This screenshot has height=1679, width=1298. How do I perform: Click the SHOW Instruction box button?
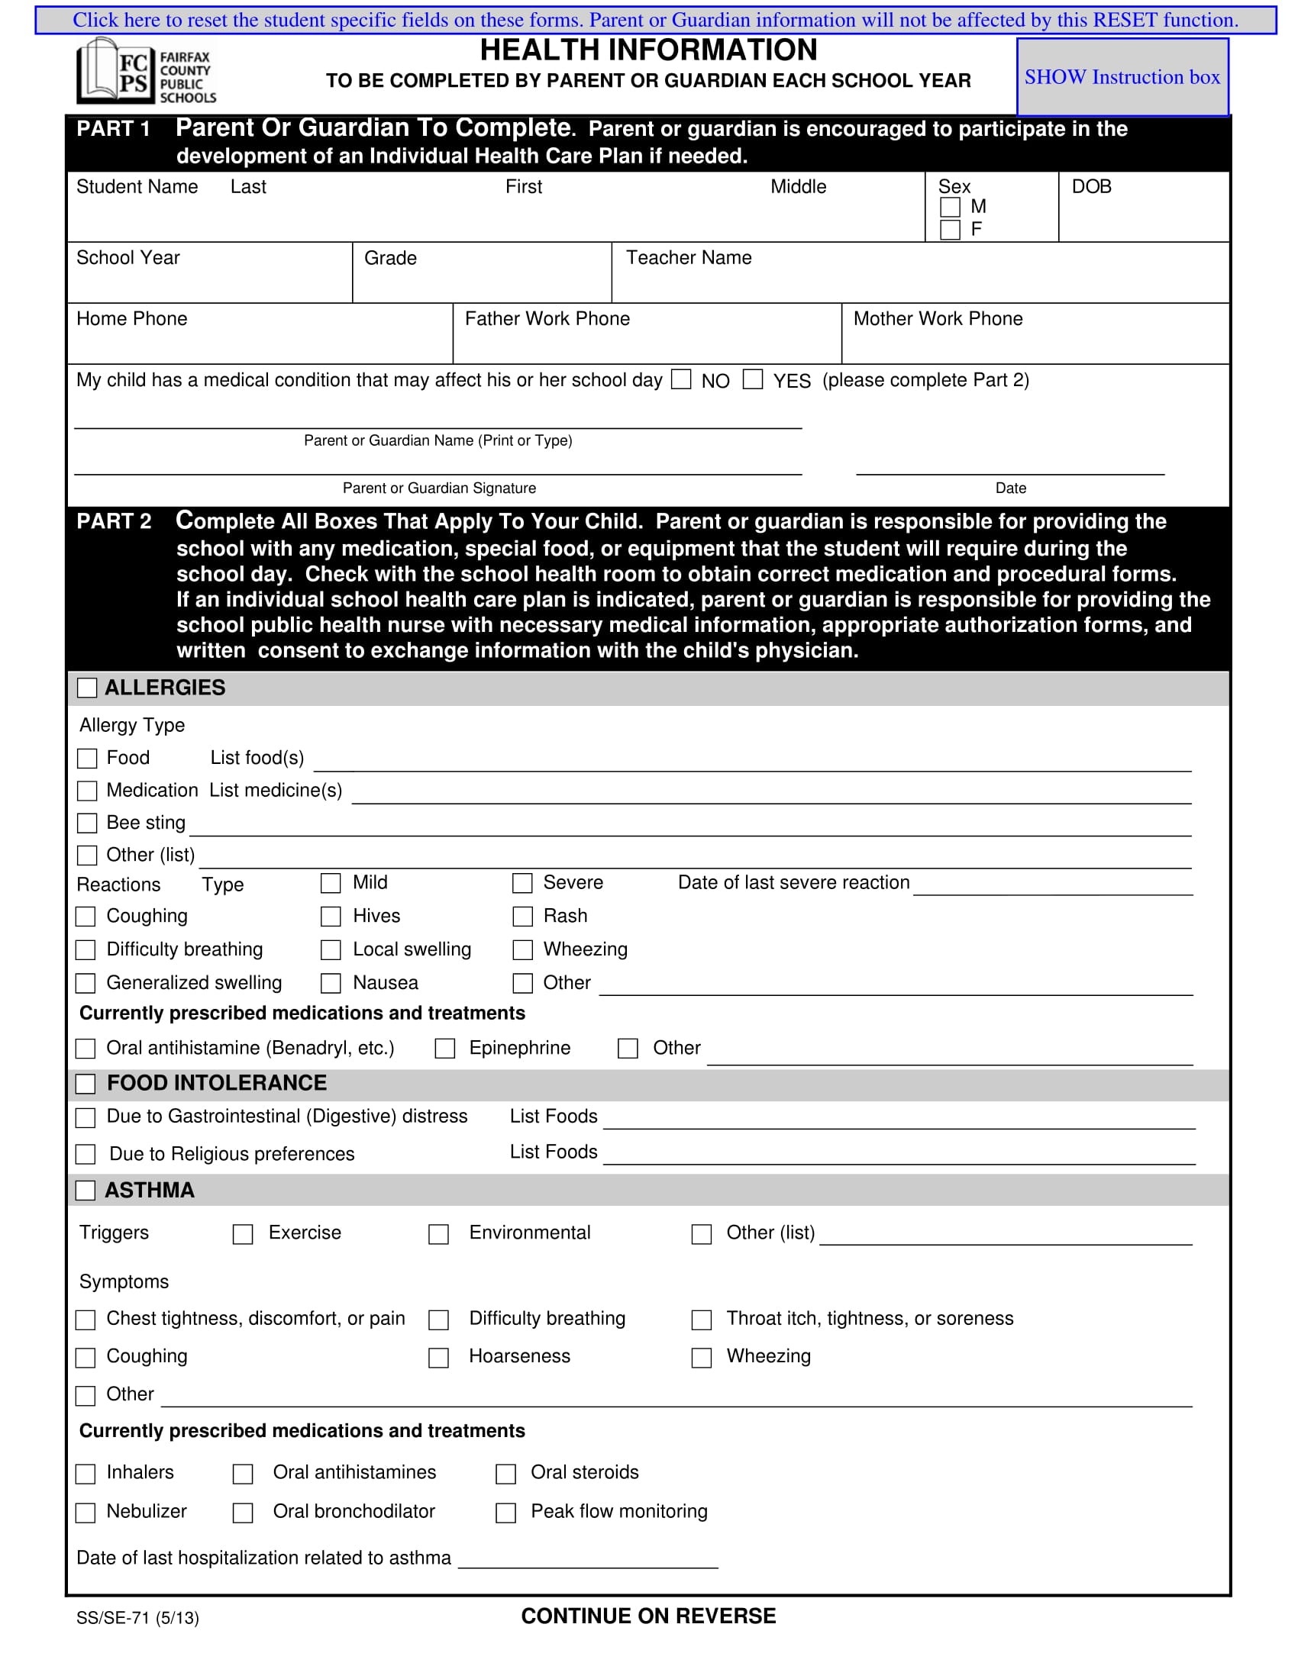point(1122,77)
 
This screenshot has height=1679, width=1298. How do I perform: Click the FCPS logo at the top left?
point(146,72)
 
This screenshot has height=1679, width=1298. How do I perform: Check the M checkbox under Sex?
point(951,208)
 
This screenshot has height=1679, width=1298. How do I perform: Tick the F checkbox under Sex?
point(951,230)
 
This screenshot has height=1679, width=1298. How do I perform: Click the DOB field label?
point(1091,187)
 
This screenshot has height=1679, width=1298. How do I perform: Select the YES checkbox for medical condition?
point(753,379)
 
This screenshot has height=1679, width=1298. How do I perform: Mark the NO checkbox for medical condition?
point(681,379)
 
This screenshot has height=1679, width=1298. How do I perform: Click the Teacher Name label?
point(688,257)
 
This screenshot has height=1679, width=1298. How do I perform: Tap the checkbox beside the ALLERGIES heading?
point(87,688)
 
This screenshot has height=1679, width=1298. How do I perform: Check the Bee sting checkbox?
point(87,823)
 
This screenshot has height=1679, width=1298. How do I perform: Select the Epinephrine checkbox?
point(444,1049)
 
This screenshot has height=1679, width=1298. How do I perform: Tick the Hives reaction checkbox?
point(331,917)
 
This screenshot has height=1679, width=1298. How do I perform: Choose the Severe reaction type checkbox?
point(523,883)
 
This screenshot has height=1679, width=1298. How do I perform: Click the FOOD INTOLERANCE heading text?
point(217,1082)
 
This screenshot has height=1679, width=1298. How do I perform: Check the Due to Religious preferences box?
point(86,1155)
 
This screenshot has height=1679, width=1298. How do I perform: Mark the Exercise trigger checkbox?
point(243,1235)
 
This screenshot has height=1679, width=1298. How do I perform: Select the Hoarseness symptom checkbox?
point(438,1358)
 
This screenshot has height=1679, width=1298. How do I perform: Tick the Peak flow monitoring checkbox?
point(505,1513)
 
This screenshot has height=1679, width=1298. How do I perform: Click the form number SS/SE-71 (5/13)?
point(137,1617)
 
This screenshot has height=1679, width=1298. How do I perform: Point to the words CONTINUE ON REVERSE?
point(648,1616)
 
